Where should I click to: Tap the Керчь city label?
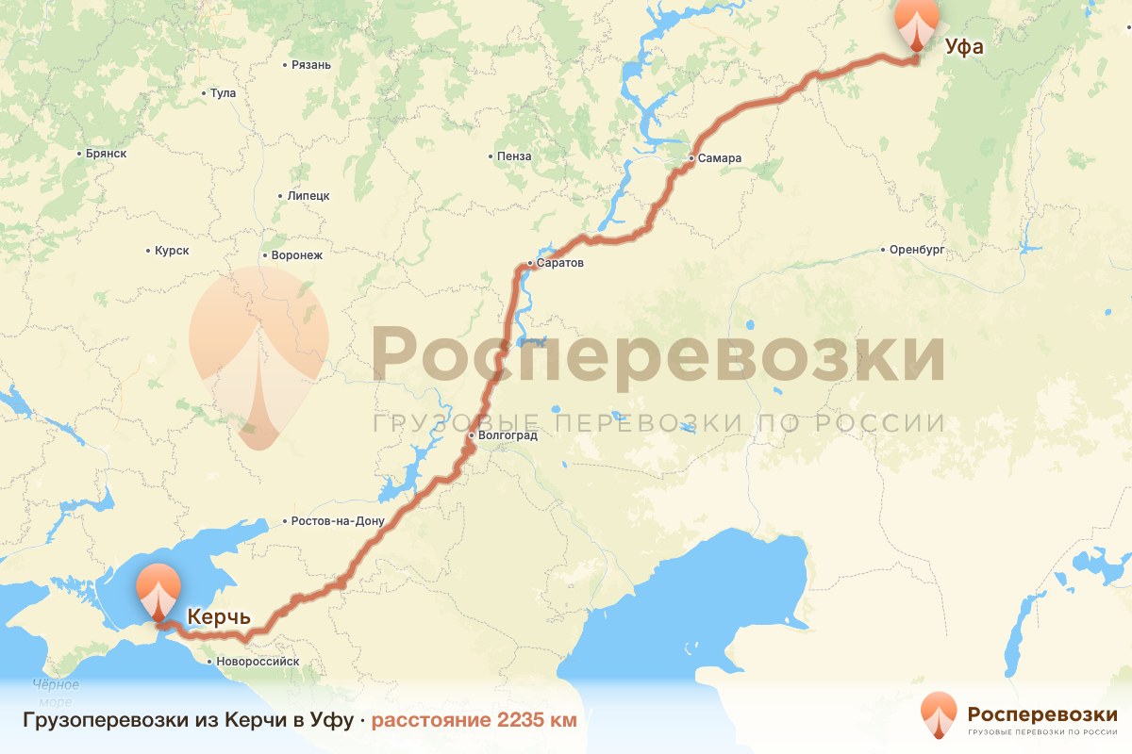click(219, 617)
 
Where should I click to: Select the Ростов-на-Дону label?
click(339, 521)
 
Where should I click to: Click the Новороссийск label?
click(258, 662)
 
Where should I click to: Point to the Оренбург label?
click(917, 250)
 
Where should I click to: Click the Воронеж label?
click(296, 255)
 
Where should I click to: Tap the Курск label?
click(172, 251)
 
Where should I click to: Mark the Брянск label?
click(106, 153)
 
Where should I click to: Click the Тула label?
click(224, 93)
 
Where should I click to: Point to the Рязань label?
click(311, 65)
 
